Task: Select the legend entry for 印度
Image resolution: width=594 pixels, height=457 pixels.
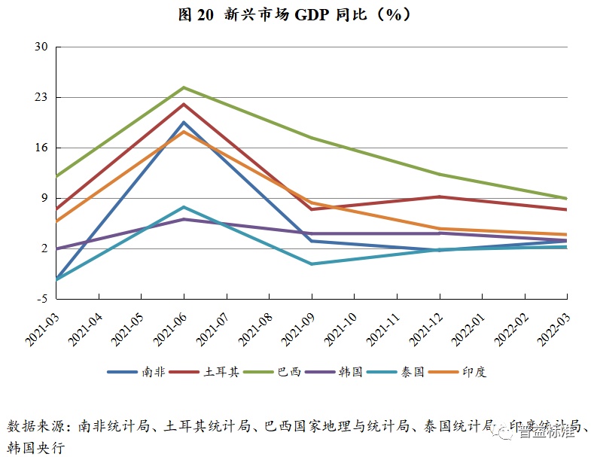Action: pos(474,372)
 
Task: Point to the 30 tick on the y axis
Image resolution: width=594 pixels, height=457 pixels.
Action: pos(41,47)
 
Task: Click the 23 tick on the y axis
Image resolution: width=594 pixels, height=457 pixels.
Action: pos(41,97)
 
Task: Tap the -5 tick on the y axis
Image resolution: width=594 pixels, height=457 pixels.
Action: pos(42,299)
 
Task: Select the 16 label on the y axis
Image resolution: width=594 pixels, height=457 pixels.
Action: pos(41,148)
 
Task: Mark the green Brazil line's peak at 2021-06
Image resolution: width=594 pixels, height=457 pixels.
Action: pos(184,87)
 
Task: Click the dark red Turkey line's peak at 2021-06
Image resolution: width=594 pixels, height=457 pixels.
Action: pos(184,104)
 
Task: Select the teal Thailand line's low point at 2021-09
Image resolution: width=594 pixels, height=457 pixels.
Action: pos(312,264)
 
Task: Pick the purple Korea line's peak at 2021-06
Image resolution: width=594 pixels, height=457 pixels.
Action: pos(184,219)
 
